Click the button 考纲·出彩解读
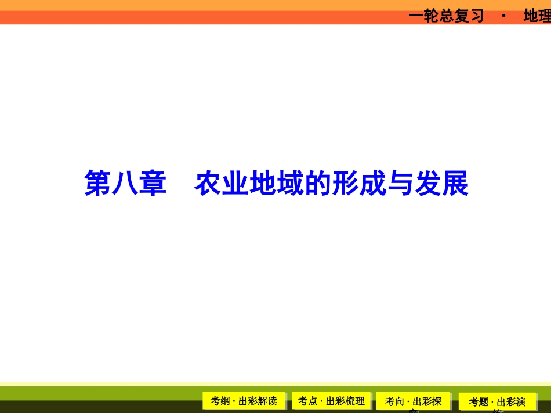244,401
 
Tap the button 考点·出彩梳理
331,401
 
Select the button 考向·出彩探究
413,401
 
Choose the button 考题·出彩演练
497,402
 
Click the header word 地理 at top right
537,16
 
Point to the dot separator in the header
503,16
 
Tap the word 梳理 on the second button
354,401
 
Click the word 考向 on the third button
394,401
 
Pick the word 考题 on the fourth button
479,402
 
